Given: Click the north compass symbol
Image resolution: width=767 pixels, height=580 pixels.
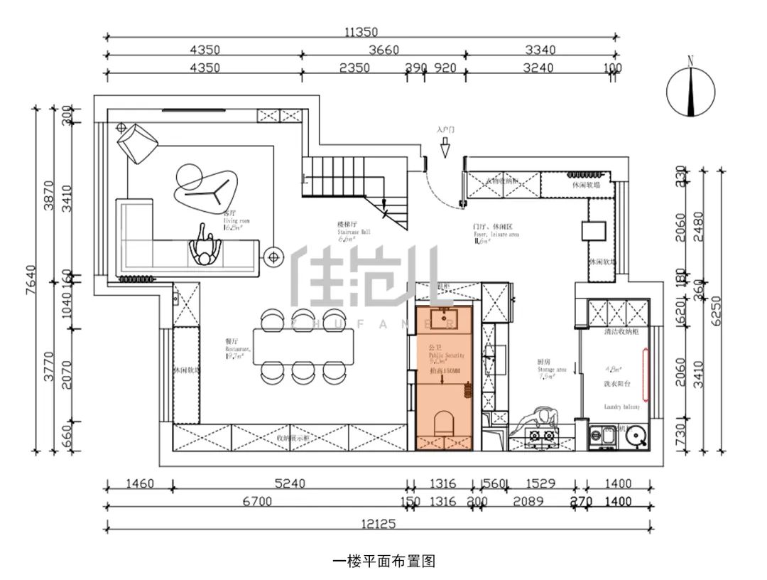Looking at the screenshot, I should coord(691,89).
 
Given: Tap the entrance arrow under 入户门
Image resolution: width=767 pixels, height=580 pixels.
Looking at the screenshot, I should coord(445,148).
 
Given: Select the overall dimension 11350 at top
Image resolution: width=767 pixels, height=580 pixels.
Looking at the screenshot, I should coord(361,31).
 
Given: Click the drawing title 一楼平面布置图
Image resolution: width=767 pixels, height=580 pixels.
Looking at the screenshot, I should coord(383,561).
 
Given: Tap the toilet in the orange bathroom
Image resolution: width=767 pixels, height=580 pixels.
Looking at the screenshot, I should coord(444,422).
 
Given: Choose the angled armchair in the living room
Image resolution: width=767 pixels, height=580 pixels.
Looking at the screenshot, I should coord(138,141).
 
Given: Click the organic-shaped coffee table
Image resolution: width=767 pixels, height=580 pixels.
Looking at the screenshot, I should coord(202,186).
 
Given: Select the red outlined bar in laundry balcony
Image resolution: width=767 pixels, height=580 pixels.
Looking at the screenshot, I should coord(645,373).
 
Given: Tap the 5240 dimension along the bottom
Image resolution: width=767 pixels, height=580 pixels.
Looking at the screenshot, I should coord(290,484).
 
